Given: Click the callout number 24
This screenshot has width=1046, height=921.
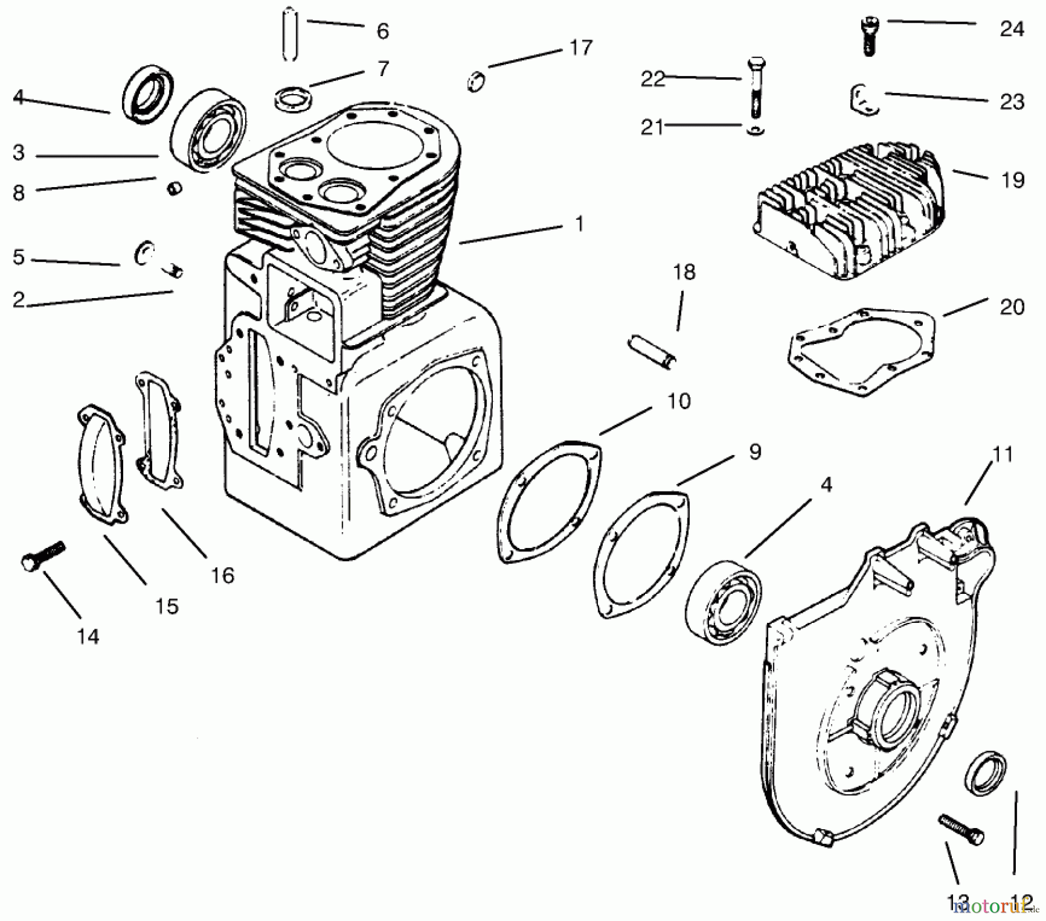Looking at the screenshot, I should point(1011,28).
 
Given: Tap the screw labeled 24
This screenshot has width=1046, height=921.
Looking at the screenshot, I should point(868,35).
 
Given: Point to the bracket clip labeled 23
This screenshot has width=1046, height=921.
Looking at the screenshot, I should point(863,99).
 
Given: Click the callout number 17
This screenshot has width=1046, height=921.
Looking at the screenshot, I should point(580,48).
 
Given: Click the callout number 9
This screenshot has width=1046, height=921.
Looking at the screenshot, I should point(754,451).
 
